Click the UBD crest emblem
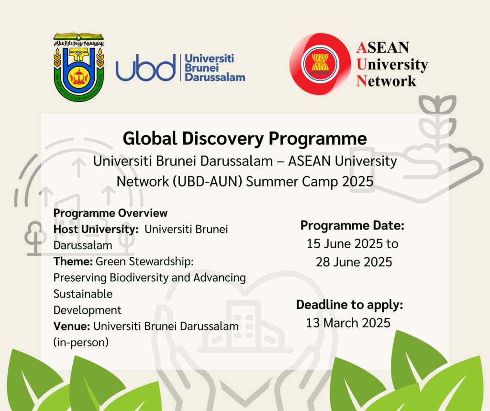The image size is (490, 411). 78,67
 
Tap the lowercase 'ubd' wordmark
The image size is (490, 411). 145,68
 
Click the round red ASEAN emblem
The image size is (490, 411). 320,64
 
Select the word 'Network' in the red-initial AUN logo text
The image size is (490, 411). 386,81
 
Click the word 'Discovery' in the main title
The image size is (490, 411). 223,138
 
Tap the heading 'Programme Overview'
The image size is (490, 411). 111,213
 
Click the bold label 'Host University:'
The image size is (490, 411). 96,229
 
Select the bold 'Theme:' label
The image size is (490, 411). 73,262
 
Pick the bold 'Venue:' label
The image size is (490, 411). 72,326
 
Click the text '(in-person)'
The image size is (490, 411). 81,342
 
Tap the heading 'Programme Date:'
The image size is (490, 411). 352,226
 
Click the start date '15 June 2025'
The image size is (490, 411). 345,244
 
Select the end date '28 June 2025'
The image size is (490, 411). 354,262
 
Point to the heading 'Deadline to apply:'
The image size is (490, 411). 350,305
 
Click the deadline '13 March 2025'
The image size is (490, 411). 348,323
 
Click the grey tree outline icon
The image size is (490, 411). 35,238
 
